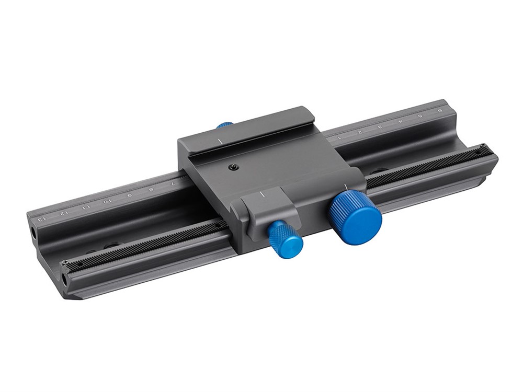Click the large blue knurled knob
[356, 214]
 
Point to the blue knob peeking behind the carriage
[225, 125]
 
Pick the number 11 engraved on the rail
[86, 206]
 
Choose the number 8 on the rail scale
[151, 189]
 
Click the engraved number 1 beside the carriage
[339, 138]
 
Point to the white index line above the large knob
[347, 186]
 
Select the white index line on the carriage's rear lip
[221, 142]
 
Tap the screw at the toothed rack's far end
[484, 145]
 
